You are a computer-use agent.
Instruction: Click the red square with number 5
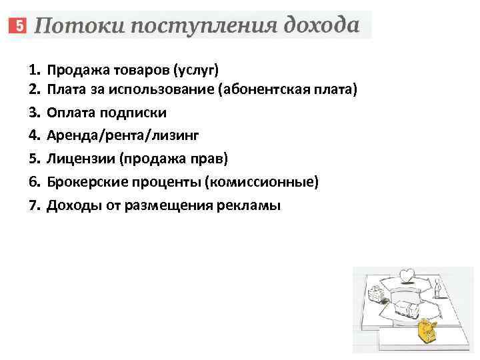pos(18,27)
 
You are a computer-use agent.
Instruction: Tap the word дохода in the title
pos(321,26)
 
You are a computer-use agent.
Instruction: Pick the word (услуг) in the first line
pos(195,69)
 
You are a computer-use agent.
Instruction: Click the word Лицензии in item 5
pos(79,159)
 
